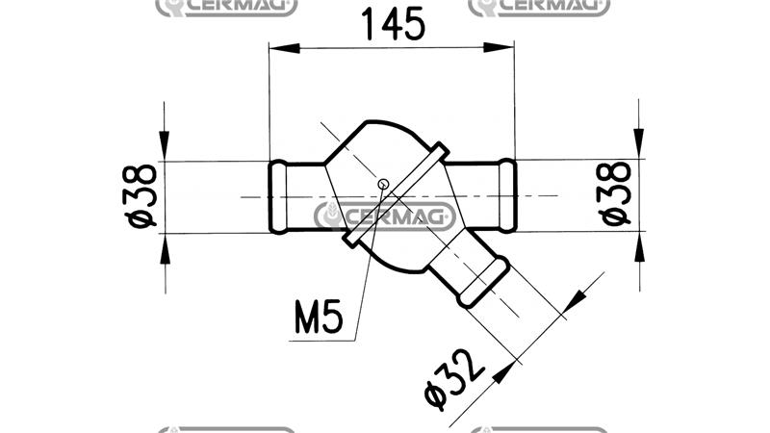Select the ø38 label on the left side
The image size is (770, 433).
click(141, 196)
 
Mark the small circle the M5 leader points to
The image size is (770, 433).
click(383, 185)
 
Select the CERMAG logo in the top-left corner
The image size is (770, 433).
click(226, 8)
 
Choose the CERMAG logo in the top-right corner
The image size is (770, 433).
click(539, 8)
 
